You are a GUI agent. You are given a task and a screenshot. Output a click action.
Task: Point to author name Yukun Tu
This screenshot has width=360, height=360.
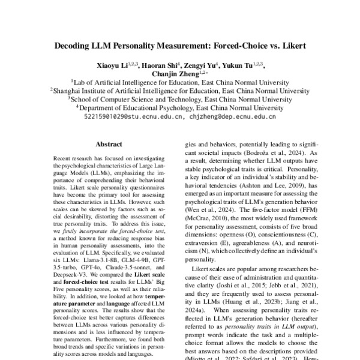pyautogui.click(x=245, y=65)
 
